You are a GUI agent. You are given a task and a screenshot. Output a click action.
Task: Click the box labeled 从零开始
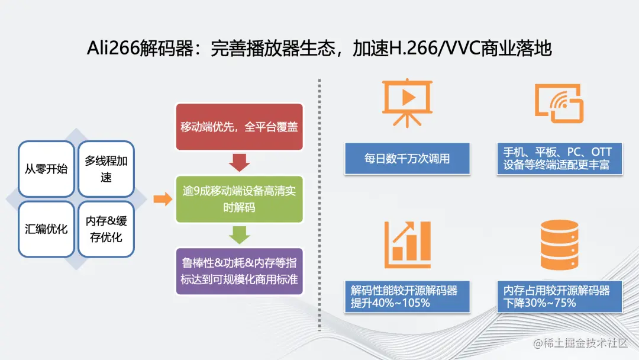(46, 169)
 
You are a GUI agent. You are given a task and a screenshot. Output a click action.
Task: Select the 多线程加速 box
(106, 169)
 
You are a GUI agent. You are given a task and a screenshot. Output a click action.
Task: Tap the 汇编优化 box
(46, 229)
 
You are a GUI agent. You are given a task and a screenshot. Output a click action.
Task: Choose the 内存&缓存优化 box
(106, 229)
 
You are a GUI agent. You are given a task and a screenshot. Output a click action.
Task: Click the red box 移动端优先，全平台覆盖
(239, 127)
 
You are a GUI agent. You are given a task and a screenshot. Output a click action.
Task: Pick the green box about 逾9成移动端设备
(239, 199)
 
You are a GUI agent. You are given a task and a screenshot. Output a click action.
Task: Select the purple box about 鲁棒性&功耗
(239, 271)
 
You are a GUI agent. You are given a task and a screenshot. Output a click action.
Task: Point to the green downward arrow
(239, 235)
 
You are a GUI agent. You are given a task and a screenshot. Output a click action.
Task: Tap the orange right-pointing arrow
(163, 199)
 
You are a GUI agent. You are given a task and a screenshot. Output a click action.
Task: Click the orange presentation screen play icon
(407, 103)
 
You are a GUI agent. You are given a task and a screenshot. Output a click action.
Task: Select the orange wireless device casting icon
(559, 103)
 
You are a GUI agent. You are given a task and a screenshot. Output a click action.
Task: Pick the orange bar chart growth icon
(408, 245)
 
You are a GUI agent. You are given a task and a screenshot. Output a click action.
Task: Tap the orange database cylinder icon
(559, 245)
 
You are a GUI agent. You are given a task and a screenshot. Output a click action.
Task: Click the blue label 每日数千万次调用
(407, 159)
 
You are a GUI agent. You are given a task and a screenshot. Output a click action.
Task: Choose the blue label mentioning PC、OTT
(559, 159)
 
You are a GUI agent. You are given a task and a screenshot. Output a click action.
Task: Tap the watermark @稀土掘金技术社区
(580, 343)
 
